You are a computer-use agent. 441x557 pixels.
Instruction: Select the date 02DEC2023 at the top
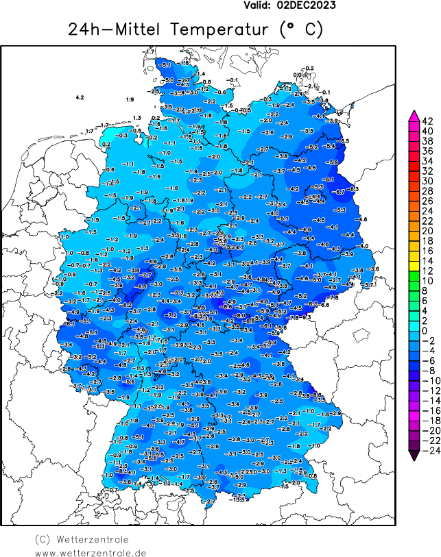306,5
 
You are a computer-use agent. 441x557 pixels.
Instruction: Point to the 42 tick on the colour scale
426,121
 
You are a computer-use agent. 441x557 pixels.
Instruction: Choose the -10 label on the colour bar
426,380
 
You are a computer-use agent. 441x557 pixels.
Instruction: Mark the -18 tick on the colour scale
426,420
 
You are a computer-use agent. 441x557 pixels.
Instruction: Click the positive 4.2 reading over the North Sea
80,98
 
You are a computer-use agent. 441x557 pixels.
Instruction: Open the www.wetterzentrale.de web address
91,552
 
